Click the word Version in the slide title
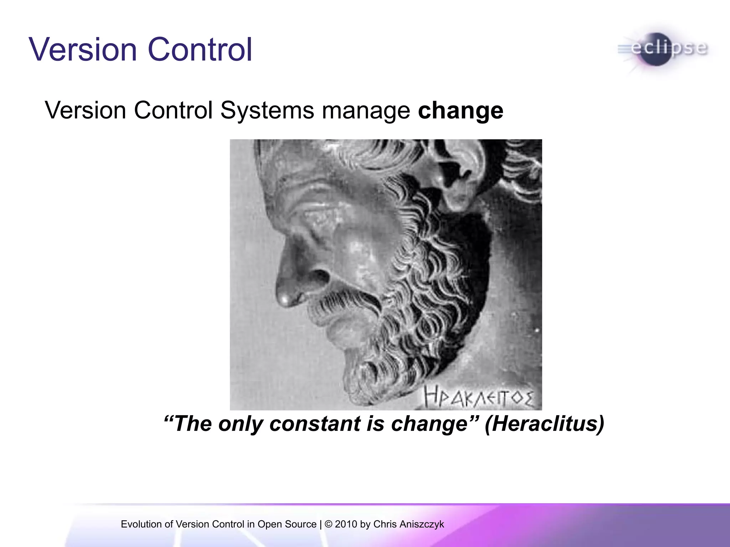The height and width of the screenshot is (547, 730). (83, 50)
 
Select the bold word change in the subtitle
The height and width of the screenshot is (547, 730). (460, 111)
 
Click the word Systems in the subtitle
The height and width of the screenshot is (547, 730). (267, 111)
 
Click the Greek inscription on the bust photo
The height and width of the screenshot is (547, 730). (479, 398)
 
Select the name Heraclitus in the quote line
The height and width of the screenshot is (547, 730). (544, 424)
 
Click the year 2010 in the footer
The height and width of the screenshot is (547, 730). (346, 524)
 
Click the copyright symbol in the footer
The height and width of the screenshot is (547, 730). (329, 524)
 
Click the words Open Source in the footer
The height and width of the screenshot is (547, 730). (287, 524)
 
